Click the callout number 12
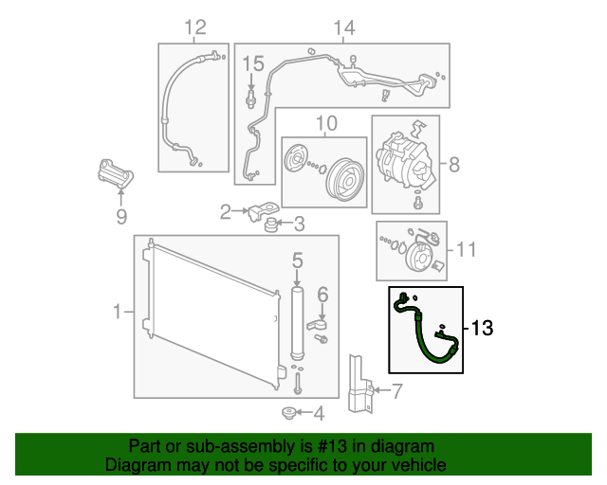click(x=194, y=27)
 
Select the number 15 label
click(x=251, y=63)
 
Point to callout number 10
click(x=325, y=123)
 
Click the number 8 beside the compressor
click(x=453, y=166)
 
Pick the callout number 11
click(x=465, y=250)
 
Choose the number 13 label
click(x=482, y=329)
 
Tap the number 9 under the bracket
click(x=120, y=218)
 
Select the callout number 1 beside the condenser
click(x=118, y=311)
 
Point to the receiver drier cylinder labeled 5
click(x=296, y=322)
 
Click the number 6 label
click(x=322, y=294)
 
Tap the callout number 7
click(x=396, y=389)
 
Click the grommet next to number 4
click(x=288, y=412)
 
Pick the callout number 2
click(x=226, y=212)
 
